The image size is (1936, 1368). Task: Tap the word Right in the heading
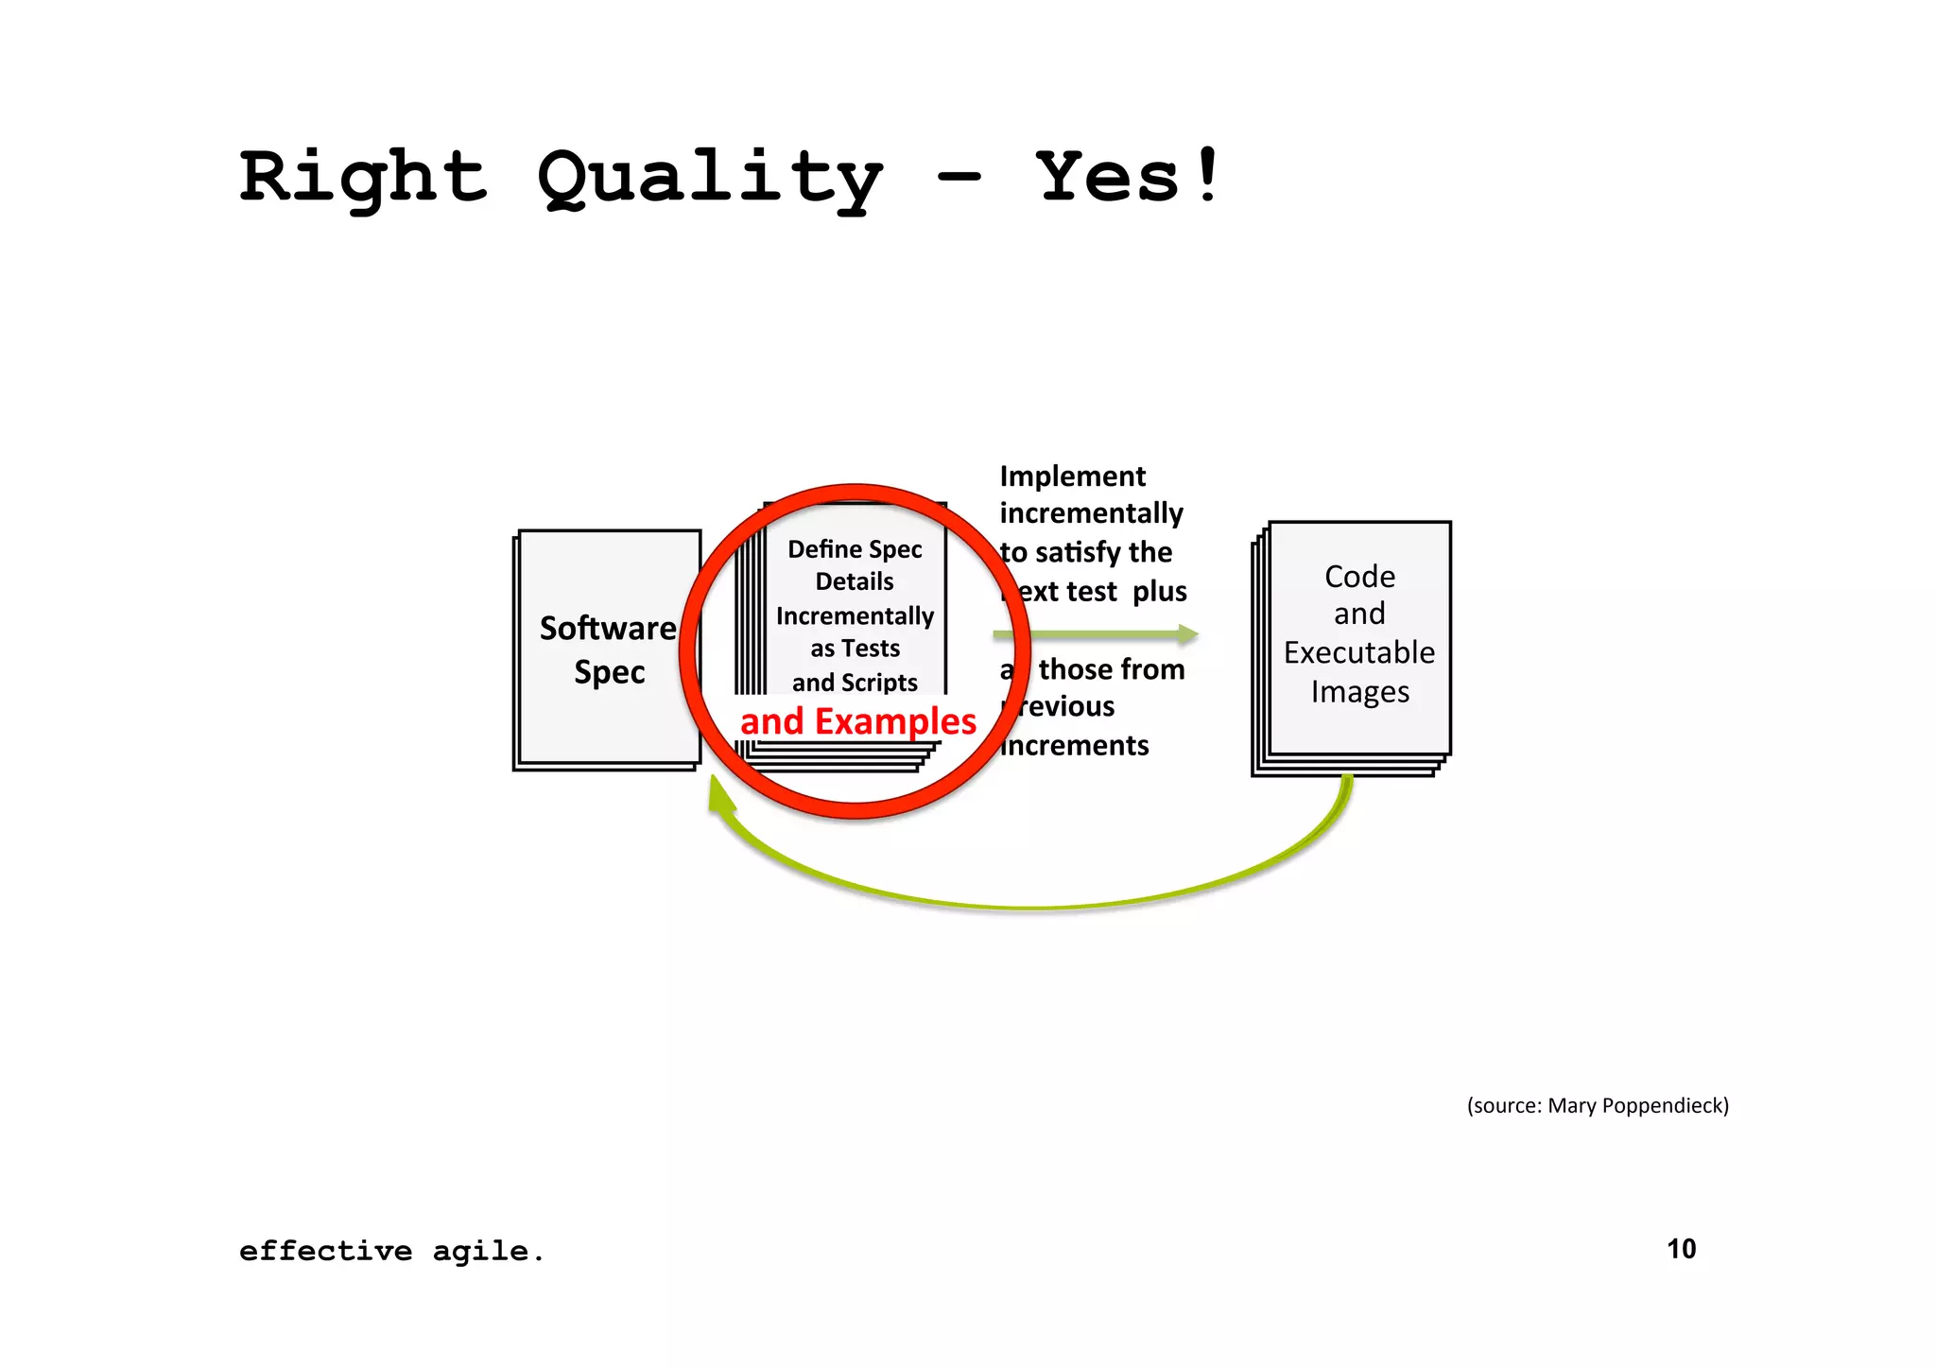click(x=364, y=178)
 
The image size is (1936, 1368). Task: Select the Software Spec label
click(x=608, y=649)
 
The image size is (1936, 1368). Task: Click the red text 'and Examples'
click(x=857, y=721)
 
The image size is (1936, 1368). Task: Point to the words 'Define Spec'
click(x=855, y=549)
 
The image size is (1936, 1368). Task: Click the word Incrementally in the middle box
click(x=855, y=616)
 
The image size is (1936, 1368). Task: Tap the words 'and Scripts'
click(x=855, y=683)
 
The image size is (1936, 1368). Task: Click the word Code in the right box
click(x=1359, y=577)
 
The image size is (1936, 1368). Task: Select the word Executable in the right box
click(x=1359, y=653)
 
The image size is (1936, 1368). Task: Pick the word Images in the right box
click(x=1359, y=692)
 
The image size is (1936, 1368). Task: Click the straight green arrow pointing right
click(x=1097, y=634)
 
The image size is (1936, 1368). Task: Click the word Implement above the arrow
click(x=1072, y=476)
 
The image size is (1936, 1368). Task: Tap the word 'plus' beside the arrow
click(x=1160, y=592)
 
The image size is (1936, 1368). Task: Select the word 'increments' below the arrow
click(x=1075, y=746)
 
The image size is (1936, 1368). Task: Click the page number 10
click(x=1681, y=1249)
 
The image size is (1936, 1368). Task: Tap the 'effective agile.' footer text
click(x=391, y=1252)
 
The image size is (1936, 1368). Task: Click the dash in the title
click(x=959, y=178)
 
